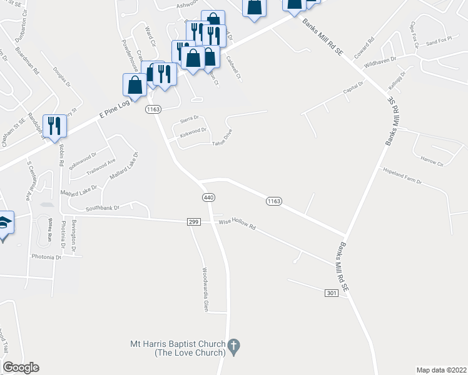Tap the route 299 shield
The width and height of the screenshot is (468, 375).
(193, 222)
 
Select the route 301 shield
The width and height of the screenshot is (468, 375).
(332, 292)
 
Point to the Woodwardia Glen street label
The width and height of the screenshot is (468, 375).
(204, 290)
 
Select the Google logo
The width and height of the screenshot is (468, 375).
(21, 367)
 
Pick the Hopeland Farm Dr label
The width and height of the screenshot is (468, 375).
(402, 176)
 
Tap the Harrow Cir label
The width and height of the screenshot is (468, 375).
(431, 161)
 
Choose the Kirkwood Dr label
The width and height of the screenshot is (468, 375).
(193, 131)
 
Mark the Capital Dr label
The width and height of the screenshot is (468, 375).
(353, 89)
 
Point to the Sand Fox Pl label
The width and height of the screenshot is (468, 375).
(439, 42)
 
